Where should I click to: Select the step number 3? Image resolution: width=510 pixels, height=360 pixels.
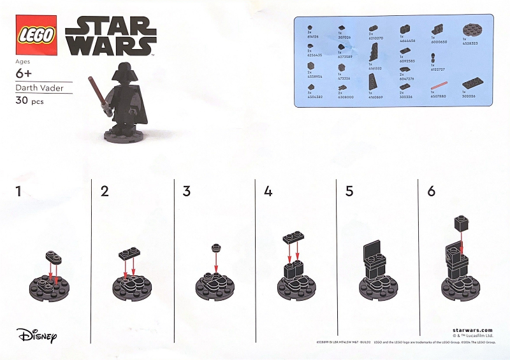click(186, 191)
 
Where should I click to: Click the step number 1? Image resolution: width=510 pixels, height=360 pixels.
click(19, 191)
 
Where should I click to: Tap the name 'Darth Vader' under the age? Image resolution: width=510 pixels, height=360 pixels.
click(38, 88)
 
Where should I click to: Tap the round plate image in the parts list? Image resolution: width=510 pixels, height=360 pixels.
click(472, 32)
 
